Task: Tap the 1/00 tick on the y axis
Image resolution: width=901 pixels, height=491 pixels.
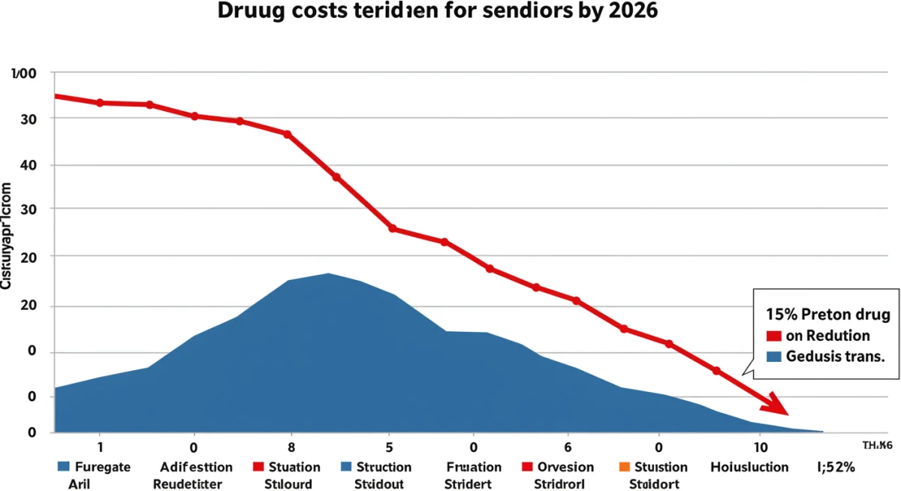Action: coord(24,74)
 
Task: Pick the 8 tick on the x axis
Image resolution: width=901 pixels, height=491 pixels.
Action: coord(290,444)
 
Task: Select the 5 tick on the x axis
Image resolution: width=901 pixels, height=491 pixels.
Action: coord(388,444)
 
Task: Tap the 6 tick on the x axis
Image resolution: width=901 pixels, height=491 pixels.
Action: coord(568,444)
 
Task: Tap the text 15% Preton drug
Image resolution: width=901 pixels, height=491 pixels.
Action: coord(827,315)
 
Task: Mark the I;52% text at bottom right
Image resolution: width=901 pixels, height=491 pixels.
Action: coord(834,467)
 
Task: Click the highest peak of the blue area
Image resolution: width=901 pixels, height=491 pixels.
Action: coord(328,274)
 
